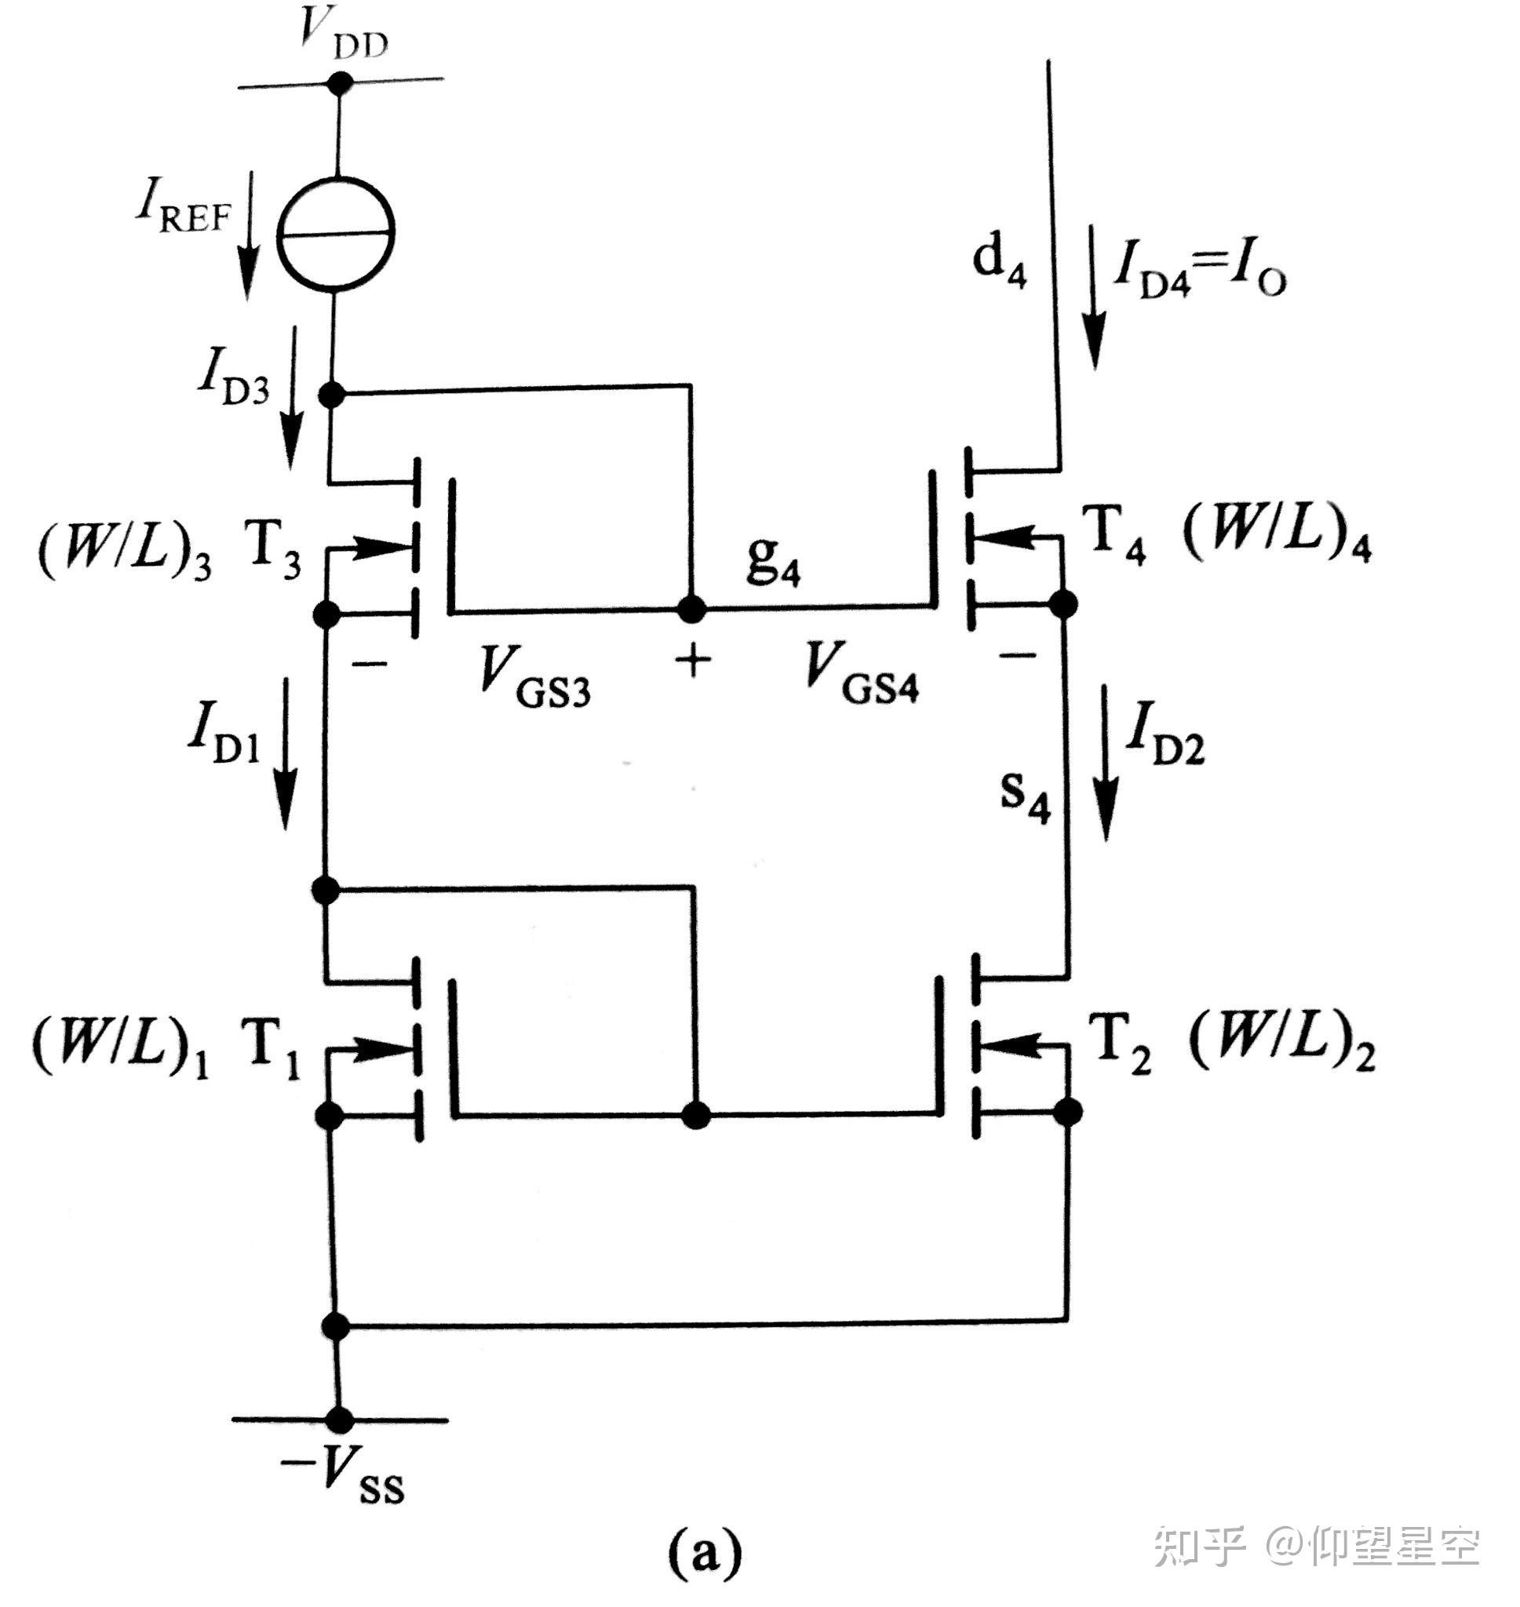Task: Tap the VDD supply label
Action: tap(343, 35)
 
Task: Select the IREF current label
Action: tap(183, 207)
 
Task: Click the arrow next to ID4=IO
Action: tap(1095, 297)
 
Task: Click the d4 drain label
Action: tap(999, 261)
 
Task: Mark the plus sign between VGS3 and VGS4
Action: tap(693, 661)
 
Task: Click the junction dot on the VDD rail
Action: tap(340, 82)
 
